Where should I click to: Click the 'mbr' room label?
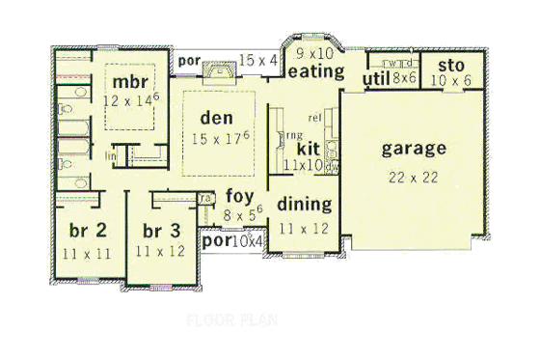127,79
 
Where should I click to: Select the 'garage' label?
414,149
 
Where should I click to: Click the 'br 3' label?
161,231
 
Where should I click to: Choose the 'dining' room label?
304,205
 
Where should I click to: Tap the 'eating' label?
316,71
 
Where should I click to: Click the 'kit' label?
308,149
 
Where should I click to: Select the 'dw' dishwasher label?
334,166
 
